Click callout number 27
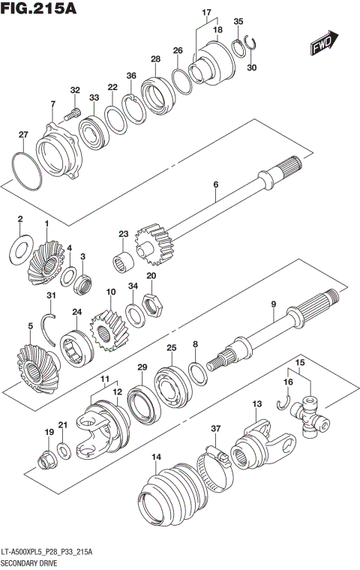click(23, 135)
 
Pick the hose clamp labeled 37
click(214, 460)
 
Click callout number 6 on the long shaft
click(215, 184)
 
